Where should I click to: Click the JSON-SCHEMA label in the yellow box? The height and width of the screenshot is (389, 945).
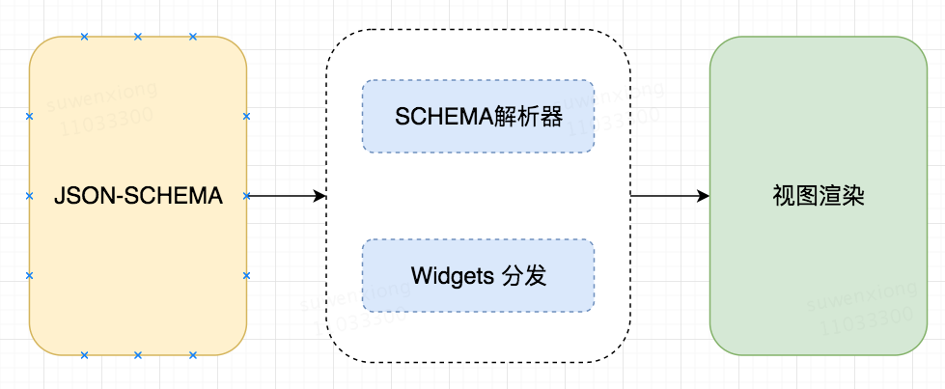pos(138,196)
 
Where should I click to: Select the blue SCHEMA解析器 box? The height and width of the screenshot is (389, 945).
pos(478,117)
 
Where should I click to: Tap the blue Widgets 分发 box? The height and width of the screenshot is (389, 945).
pos(478,276)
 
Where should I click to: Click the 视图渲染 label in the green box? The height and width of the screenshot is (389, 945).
pos(818,196)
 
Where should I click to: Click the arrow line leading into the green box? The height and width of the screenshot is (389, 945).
pos(670,196)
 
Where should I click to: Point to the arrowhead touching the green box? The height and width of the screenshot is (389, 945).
pos(703,196)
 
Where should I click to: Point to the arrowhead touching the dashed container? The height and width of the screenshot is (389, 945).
pos(320,196)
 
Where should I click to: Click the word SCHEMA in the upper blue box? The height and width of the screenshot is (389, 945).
pos(444,117)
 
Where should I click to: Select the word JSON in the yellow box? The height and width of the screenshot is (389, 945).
pos(81,197)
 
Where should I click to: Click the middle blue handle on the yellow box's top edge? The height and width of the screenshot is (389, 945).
pos(137,37)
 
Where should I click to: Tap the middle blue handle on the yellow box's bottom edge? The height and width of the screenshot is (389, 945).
pos(137,355)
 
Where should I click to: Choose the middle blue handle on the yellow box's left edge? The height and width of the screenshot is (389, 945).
pos(29,196)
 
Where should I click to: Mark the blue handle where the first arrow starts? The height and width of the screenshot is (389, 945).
pos(246,196)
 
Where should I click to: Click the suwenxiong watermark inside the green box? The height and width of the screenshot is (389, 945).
pos(862,295)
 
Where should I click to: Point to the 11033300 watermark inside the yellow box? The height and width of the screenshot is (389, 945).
pos(107,122)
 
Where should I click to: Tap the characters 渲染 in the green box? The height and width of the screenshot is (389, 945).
pos(842,196)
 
